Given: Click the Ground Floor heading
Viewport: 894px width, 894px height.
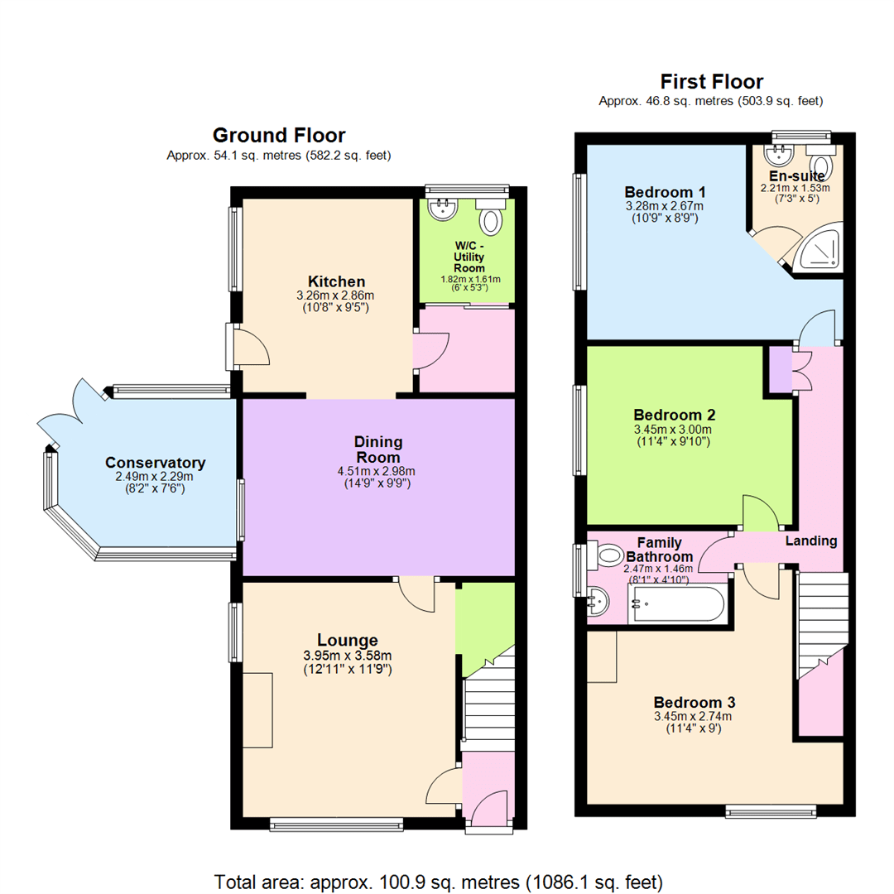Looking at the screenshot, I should [x=279, y=135].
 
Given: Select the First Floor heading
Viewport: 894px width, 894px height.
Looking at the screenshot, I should [x=711, y=81].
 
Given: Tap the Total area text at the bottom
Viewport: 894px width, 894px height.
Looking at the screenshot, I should [x=439, y=880].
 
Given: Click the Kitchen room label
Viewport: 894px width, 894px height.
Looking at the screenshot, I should [x=336, y=281].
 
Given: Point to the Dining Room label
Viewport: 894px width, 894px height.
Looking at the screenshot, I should [x=377, y=450].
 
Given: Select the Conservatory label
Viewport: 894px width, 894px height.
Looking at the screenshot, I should [x=155, y=463].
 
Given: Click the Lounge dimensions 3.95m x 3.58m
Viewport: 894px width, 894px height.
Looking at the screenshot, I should [x=348, y=656].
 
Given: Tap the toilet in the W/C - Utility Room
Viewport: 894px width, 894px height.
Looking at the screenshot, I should [x=492, y=219].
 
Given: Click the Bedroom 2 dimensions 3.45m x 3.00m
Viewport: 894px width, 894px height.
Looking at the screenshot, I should [x=673, y=429].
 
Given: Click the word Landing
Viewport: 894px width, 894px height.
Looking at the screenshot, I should [x=810, y=541].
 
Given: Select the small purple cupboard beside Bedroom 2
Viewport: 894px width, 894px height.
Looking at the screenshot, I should [x=780, y=370].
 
